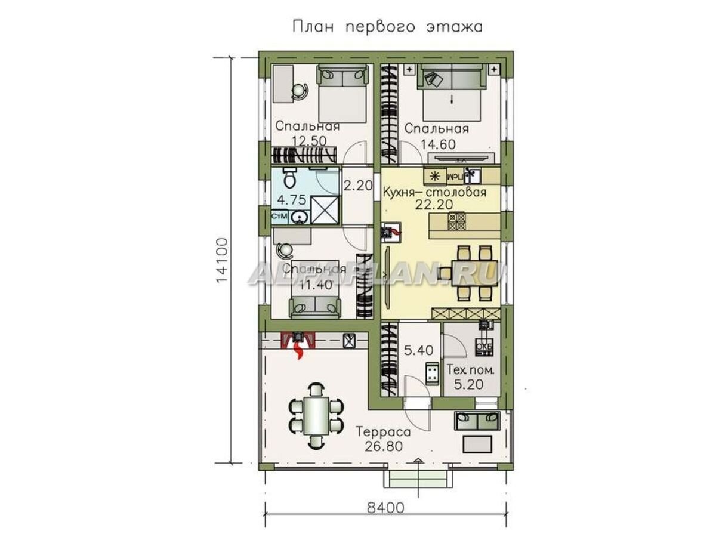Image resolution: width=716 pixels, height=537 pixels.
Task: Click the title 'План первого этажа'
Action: (x=387, y=27)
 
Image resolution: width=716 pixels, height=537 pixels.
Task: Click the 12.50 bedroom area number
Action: (x=308, y=140)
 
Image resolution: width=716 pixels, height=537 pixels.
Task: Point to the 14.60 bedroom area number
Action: (x=436, y=143)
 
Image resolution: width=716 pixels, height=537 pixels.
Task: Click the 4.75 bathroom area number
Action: (x=292, y=199)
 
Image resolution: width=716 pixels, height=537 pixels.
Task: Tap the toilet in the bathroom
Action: (x=288, y=178)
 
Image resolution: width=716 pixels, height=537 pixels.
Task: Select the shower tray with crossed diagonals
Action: (x=325, y=211)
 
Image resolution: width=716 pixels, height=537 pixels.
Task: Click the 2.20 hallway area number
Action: (x=358, y=186)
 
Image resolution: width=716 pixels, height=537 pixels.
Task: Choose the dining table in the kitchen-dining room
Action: (x=468, y=272)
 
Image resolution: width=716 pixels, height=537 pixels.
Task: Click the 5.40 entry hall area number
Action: (x=419, y=350)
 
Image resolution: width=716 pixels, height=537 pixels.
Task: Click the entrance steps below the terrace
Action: (x=418, y=479)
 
